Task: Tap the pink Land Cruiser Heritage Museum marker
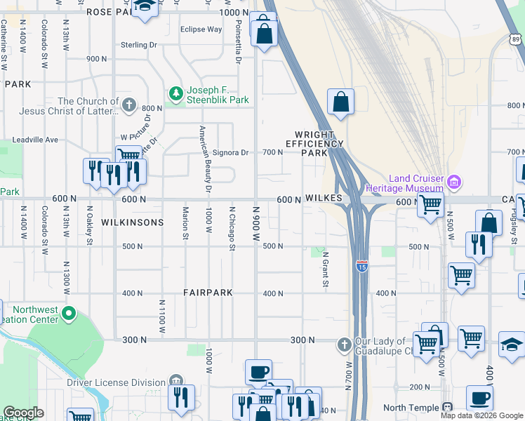[x=453, y=182]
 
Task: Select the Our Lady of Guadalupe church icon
[x=343, y=345]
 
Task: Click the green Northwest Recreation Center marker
[x=69, y=312]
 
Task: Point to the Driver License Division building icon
[x=175, y=382]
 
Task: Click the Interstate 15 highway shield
[x=361, y=266]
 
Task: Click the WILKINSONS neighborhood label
[x=132, y=222]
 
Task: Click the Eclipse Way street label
[x=201, y=29]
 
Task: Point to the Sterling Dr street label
[x=138, y=45]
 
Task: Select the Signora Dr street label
[x=231, y=152]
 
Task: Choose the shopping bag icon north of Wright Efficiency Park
[x=340, y=102]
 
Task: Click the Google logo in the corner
[x=24, y=413]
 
